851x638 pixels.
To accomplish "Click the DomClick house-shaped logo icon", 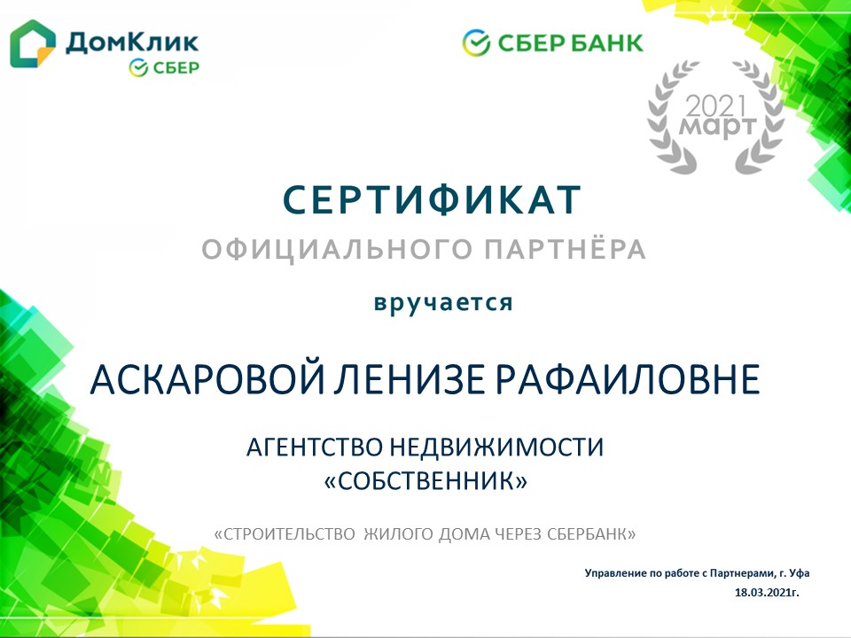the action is [33, 43].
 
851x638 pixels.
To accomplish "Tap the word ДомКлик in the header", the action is [132, 43].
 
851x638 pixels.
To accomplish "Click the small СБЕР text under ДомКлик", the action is [176, 68].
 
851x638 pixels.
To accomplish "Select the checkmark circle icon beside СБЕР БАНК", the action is [476, 43].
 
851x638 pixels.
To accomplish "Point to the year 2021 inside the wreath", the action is [716, 105].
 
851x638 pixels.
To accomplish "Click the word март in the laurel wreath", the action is [717, 128].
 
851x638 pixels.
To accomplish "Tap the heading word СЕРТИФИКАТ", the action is [432, 200].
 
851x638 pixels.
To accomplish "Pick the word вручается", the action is [443, 302].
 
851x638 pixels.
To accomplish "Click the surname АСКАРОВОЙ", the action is [207, 378].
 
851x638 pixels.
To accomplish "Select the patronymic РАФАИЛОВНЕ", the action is [628, 378].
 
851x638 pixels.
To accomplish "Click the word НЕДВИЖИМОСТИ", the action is [496, 447].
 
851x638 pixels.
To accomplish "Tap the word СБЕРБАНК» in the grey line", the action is [591, 534].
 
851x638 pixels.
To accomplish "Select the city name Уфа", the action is [799, 573].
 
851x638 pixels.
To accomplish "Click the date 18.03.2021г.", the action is [767, 593].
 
